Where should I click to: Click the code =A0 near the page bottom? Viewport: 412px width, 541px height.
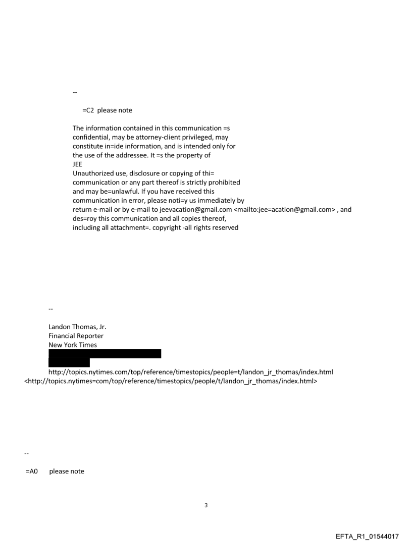(32, 471)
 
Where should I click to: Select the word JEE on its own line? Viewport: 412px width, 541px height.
(78, 164)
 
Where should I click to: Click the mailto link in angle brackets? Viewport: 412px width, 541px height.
(284, 210)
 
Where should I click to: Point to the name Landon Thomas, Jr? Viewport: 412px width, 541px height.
(77, 327)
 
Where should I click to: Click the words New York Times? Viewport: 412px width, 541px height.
(73, 345)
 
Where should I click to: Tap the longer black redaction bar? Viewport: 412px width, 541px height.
(105, 353)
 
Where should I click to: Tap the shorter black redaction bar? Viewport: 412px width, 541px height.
(69, 363)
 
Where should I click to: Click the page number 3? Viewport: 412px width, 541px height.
(206, 505)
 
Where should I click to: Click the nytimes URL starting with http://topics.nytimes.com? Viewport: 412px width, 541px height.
(191, 372)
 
